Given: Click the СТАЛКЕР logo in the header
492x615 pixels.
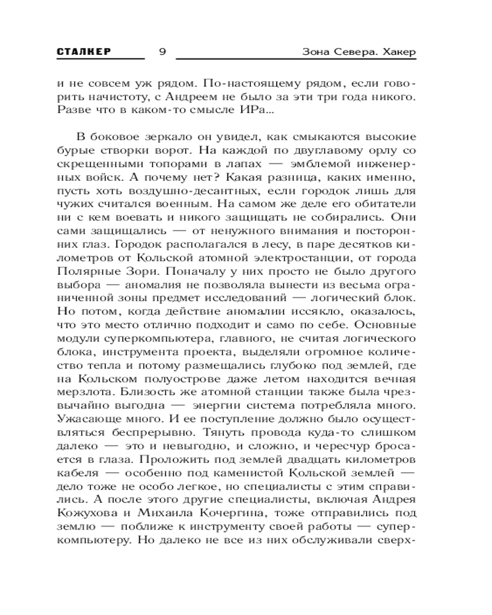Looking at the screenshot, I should click(x=84, y=52).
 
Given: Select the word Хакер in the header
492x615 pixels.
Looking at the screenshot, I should click(x=397, y=52).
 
